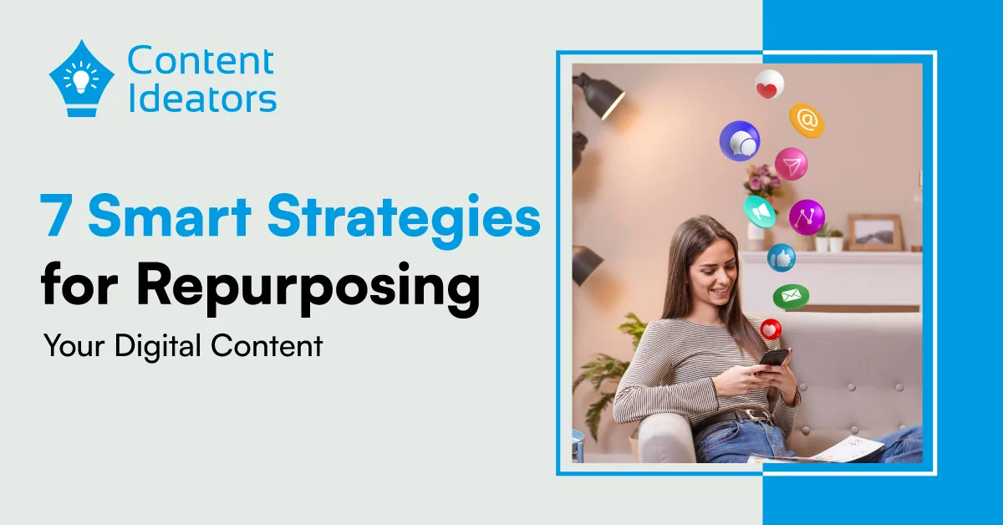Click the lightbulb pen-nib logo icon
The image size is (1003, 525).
(x=81, y=79)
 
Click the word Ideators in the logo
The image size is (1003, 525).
(x=202, y=99)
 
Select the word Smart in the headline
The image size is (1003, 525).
(x=169, y=216)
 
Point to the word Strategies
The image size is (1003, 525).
(x=404, y=220)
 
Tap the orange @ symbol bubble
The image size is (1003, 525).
(x=807, y=120)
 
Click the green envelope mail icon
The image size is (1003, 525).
(x=791, y=297)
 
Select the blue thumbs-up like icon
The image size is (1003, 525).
(x=782, y=257)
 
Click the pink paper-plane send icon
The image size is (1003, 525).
(x=792, y=164)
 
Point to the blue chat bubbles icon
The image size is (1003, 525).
(x=740, y=140)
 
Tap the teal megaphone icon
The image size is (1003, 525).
(x=760, y=212)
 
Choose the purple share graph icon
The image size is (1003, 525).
(x=807, y=217)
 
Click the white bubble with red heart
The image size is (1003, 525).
(x=769, y=84)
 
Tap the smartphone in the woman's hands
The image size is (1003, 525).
(x=774, y=359)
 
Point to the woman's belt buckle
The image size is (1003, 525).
(x=755, y=416)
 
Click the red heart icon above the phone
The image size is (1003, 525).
(x=771, y=329)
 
